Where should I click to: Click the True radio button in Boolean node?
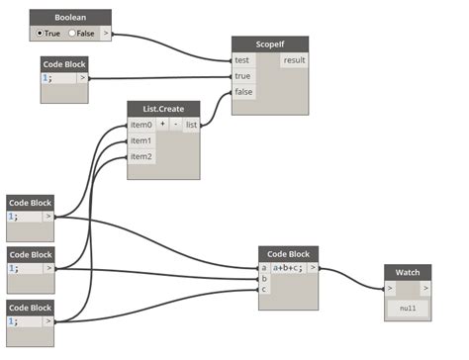pyautogui.click(x=40, y=33)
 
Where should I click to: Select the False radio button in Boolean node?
pyautogui.click(x=72, y=33)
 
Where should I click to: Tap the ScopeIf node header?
pyautogui.click(x=270, y=45)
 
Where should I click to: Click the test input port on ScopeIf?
pyautogui.click(x=241, y=60)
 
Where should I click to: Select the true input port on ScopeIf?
pyautogui.click(x=241, y=77)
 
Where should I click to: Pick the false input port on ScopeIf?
pyautogui.click(x=242, y=93)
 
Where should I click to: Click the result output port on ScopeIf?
pyautogui.click(x=294, y=60)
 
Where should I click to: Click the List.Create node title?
pyautogui.click(x=163, y=109)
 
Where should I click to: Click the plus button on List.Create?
pyautogui.click(x=163, y=125)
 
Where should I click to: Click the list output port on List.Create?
pyautogui.click(x=191, y=125)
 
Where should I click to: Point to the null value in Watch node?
pyautogui.click(x=408, y=309)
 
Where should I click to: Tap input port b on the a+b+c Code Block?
pyautogui.click(x=264, y=278)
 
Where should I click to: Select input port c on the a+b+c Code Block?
pyautogui.click(x=264, y=289)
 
